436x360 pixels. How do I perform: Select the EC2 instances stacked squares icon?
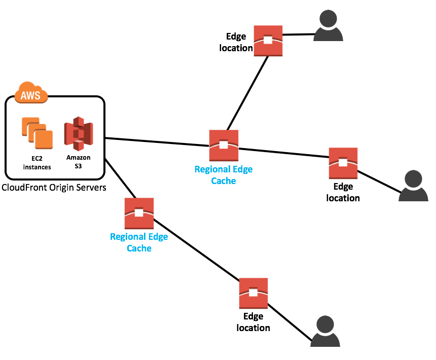click(37, 133)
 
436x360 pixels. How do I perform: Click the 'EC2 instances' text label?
click(37, 162)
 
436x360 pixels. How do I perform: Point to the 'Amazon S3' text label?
click(78, 162)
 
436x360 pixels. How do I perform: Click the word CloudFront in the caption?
click(25, 188)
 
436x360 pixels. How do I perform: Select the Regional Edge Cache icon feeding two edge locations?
click(224, 145)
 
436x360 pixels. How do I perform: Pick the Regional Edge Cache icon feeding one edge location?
click(139, 213)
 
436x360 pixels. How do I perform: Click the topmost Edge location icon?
click(268, 40)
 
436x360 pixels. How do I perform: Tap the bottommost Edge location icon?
click(253, 293)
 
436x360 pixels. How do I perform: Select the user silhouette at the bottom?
click(328, 332)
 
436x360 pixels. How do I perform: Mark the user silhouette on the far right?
click(414, 186)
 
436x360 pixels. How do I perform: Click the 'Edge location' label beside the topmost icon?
click(236, 42)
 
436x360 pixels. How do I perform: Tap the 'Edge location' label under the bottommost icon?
click(253, 322)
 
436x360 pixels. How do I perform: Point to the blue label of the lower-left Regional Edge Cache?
click(139, 242)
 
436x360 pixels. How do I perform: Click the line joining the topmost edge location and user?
click(298, 34)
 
